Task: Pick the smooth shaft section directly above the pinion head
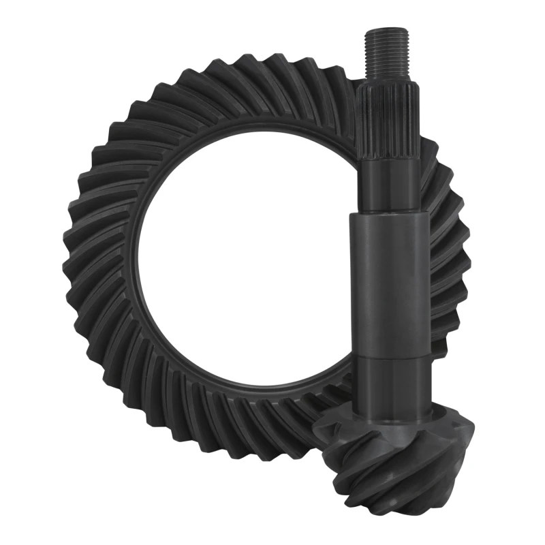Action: tap(392, 385)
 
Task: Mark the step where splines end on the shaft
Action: tap(387, 163)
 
